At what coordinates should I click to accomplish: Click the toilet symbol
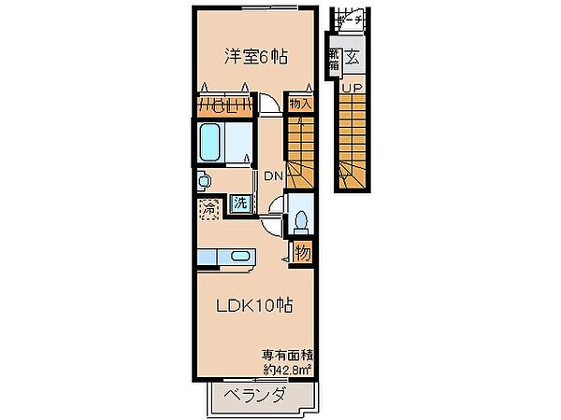302,220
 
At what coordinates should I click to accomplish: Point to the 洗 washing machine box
240,203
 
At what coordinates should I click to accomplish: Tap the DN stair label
273,176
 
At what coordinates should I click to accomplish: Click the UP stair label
352,90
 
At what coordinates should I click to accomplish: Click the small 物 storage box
303,252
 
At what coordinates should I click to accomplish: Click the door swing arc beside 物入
269,105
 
